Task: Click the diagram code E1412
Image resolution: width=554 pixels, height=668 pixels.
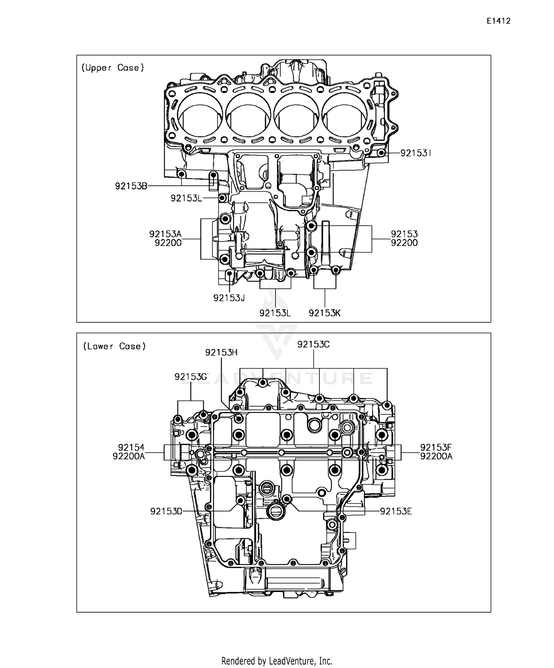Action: click(498, 21)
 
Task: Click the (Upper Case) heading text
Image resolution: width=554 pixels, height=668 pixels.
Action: click(112, 68)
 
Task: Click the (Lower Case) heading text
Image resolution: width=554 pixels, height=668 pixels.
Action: click(114, 346)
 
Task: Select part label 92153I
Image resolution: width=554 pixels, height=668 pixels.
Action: click(416, 153)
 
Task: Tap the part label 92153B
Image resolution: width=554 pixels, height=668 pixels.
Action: click(131, 186)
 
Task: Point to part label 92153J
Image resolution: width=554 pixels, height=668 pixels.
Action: click(229, 298)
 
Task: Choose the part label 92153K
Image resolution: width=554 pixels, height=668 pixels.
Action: click(325, 313)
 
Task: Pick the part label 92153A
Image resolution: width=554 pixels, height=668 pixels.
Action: click(165, 234)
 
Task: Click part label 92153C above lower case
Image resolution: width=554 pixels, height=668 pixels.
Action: click(314, 344)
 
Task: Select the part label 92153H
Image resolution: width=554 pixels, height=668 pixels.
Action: click(221, 352)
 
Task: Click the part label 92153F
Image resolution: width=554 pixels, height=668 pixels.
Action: click(436, 448)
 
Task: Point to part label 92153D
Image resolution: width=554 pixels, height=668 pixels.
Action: click(166, 511)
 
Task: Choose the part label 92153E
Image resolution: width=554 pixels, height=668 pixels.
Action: click(396, 511)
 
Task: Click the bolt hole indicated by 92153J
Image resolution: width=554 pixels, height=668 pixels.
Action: click(229, 274)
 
